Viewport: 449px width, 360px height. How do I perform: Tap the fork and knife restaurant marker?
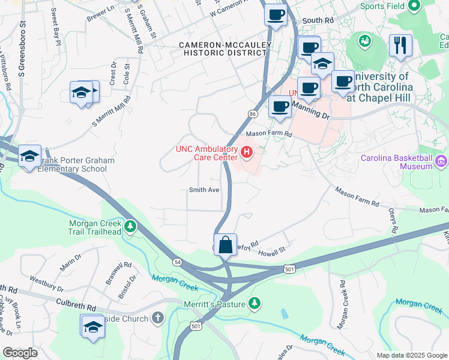click(399, 46)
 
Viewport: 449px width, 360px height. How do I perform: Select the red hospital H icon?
click(246, 153)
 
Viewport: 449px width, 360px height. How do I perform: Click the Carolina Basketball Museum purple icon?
click(442, 160)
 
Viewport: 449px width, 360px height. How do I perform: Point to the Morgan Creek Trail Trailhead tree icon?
click(130, 227)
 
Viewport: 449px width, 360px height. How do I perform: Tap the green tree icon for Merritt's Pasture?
click(255, 303)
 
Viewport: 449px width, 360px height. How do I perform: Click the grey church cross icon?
click(157, 317)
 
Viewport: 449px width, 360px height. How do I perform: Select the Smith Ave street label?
click(204, 190)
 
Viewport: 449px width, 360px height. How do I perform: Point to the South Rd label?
click(318, 20)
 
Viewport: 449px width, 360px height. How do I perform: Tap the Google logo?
click(20, 353)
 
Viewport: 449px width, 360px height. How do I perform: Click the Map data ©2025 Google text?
click(411, 355)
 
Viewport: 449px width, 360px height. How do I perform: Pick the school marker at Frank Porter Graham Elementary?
click(29, 158)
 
